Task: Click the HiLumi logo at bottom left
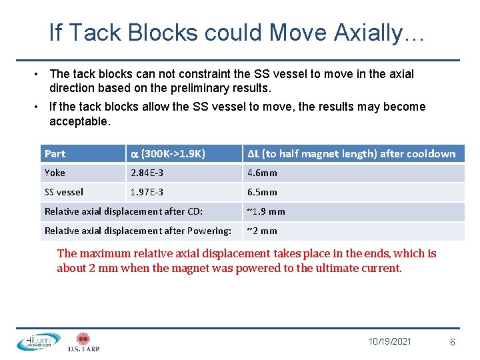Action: pyautogui.click(x=38, y=341)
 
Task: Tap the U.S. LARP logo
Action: pyautogui.click(x=83, y=342)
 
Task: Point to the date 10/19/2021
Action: pyautogui.click(x=389, y=341)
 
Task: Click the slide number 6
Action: pyautogui.click(x=453, y=342)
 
